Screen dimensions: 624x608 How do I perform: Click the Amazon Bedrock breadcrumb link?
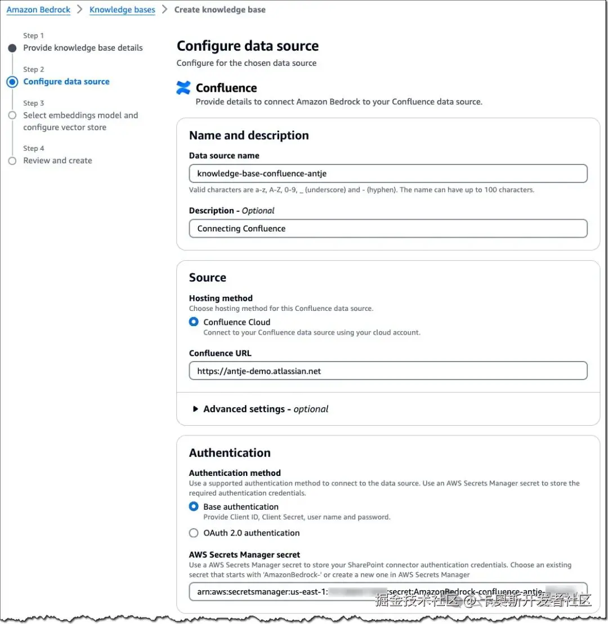38,10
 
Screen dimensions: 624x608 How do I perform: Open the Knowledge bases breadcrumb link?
122,10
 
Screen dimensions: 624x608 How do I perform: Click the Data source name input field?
388,173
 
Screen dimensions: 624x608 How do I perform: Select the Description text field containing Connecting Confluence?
388,229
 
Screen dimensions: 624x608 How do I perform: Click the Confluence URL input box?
388,371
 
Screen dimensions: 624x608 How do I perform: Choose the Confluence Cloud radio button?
194,322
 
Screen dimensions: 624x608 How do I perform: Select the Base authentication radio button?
194,507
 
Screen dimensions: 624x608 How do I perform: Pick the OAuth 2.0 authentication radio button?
194,533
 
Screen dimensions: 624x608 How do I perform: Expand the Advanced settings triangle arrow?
195,409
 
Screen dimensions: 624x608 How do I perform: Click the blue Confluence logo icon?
184,88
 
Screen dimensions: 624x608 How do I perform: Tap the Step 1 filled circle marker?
12,48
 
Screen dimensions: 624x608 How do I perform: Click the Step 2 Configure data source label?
66,82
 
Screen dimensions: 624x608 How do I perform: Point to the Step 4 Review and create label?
57,161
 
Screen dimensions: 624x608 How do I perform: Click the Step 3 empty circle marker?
12,115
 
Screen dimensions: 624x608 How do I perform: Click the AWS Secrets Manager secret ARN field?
388,592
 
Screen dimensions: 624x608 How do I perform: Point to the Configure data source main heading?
248,46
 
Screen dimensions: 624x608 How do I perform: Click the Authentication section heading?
230,453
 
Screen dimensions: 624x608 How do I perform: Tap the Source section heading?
208,278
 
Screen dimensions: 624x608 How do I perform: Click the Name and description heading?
249,135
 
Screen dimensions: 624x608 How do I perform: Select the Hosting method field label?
221,298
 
